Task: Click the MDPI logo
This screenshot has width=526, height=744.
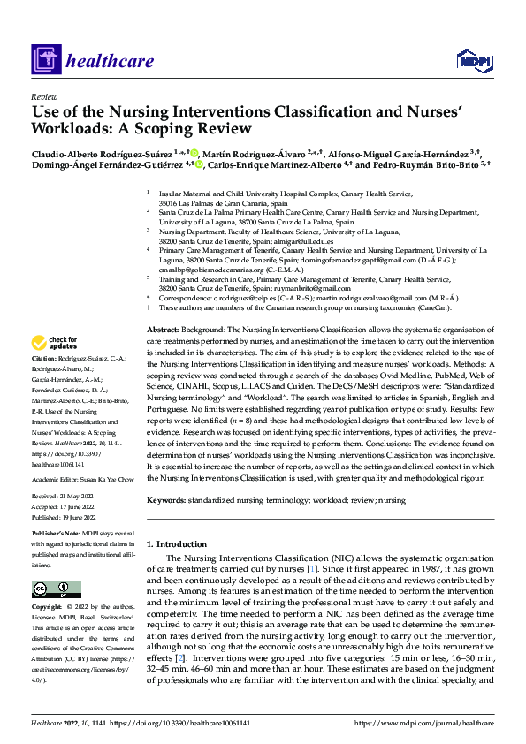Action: point(472,60)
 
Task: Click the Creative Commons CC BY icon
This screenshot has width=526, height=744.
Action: point(56,589)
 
